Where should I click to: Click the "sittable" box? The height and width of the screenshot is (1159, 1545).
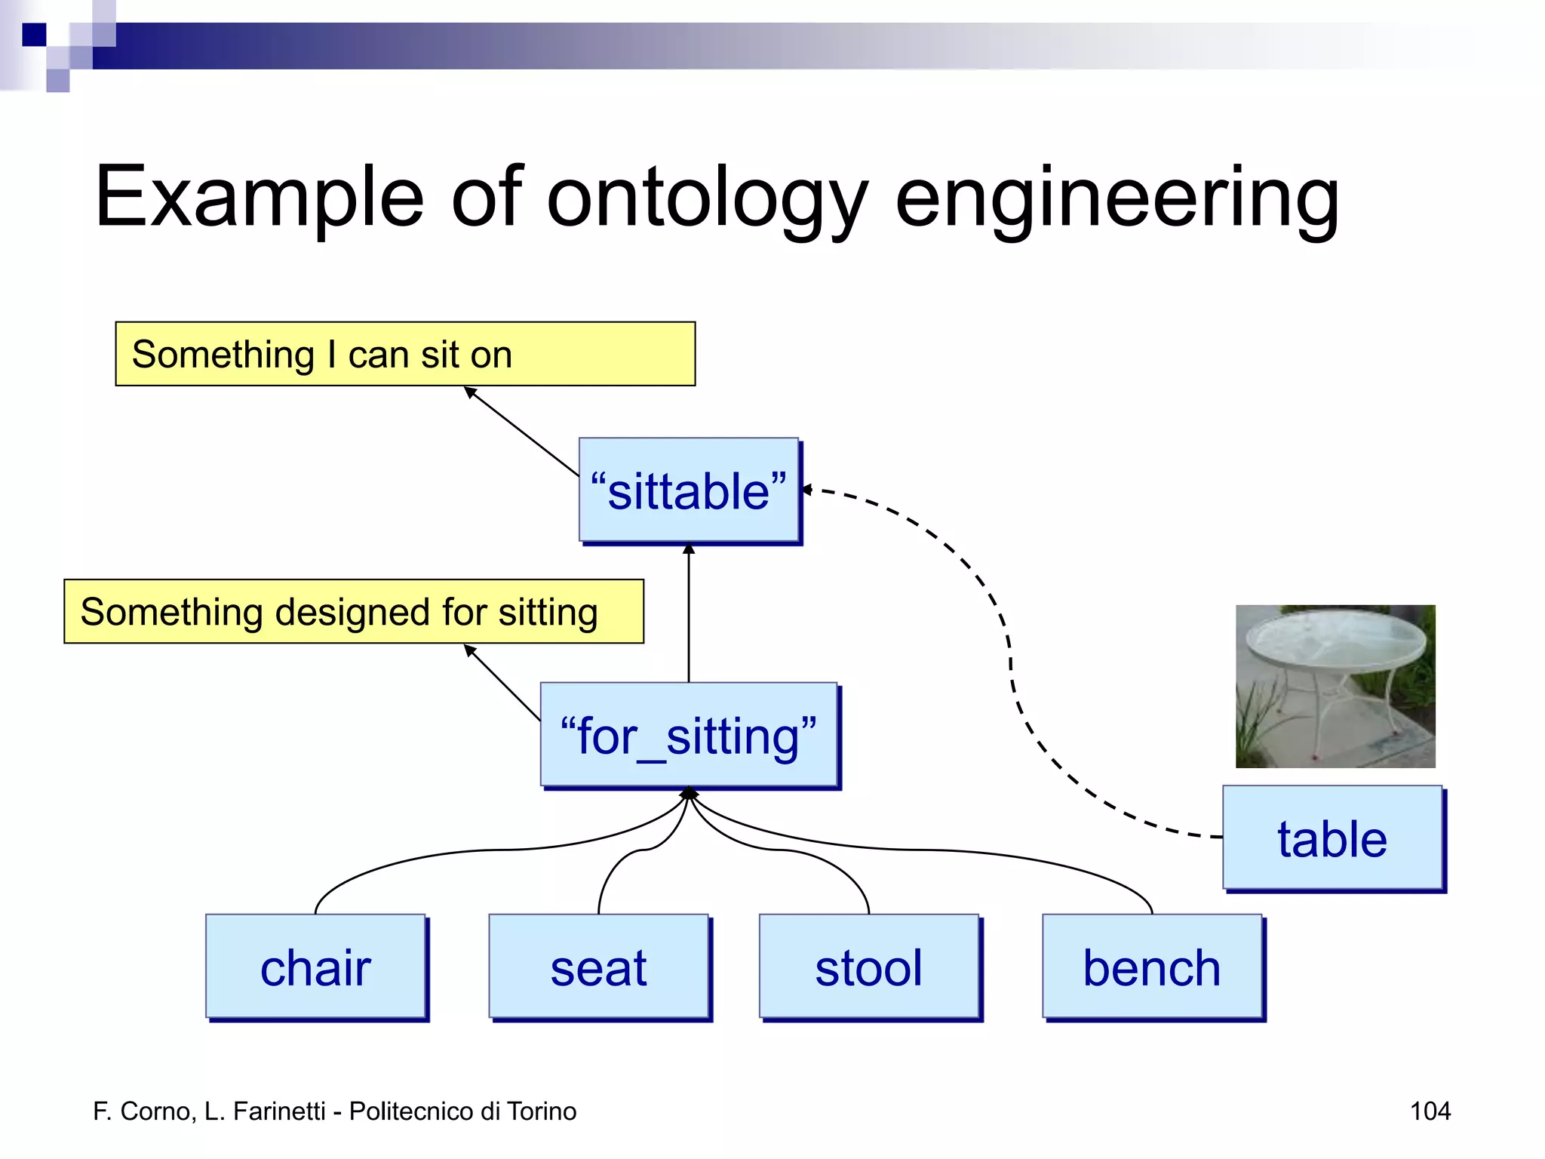pos(688,490)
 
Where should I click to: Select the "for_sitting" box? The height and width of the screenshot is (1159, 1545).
pos(688,736)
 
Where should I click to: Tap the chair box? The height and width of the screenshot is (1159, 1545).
pos(315,967)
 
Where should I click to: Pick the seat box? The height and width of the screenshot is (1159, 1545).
pos(598,967)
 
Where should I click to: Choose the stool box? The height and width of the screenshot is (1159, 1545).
pos(868,967)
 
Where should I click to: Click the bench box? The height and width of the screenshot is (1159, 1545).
pos(1152,967)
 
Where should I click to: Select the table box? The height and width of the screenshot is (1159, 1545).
pos(1332,838)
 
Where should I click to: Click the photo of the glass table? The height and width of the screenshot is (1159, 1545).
pos(1335,686)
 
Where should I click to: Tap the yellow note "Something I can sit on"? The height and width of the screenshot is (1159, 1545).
pos(405,354)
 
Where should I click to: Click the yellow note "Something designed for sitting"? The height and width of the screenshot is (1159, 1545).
pos(353,611)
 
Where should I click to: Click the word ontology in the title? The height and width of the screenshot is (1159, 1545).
pos(707,198)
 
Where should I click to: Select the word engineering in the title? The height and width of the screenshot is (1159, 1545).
pos(1117,198)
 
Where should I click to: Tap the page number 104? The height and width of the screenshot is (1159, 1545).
pos(1430,1111)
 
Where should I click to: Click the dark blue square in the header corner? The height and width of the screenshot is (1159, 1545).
pos(34,35)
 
